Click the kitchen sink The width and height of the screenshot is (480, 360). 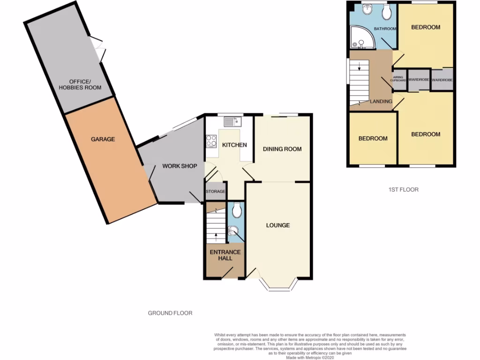coord(232,122)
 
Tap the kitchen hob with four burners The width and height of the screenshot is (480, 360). coord(211,141)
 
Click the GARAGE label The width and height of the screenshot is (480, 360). coord(103,139)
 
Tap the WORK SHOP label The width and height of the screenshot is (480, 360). coord(180,166)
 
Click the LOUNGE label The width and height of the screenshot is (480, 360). coord(278,225)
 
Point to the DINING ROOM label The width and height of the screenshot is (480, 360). coord(282,149)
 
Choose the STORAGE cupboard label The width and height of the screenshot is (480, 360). coord(216,192)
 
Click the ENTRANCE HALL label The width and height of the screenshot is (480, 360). coord(225,255)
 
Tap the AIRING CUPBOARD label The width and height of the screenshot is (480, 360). coord(399,78)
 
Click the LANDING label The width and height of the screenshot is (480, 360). coord(381,101)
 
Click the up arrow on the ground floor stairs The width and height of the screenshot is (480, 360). coord(216,236)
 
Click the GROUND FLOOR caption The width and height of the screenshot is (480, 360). coord(170,313)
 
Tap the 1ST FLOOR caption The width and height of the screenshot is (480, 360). coord(404,190)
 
